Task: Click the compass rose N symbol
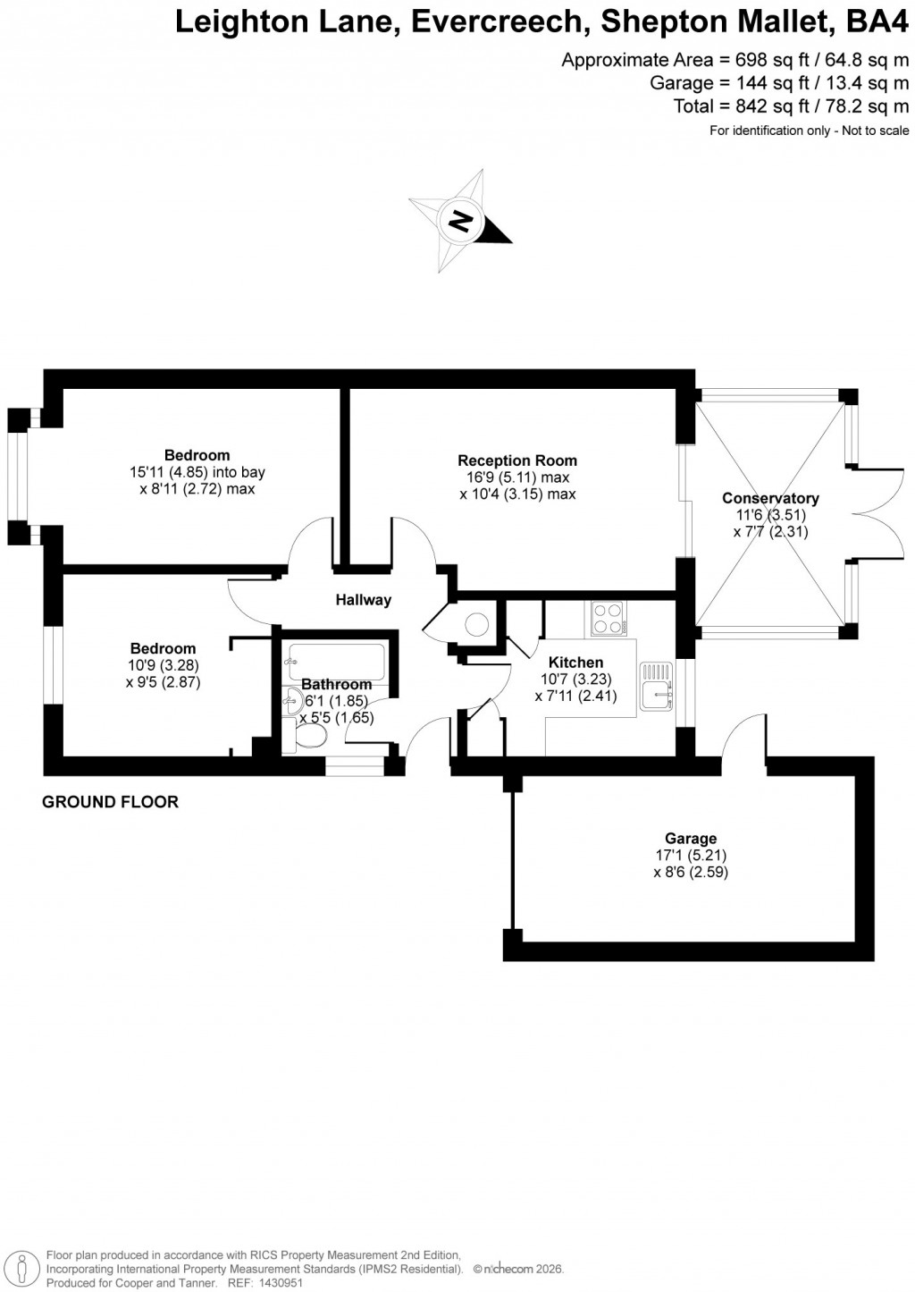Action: (x=461, y=220)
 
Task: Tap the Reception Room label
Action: (x=517, y=460)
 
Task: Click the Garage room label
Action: (x=691, y=838)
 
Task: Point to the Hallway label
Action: (x=364, y=600)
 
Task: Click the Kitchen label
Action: (x=575, y=663)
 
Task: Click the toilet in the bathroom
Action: (x=307, y=736)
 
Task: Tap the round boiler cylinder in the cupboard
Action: (x=475, y=622)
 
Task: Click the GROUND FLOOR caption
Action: (x=111, y=802)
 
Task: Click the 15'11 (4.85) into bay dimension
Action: (x=197, y=472)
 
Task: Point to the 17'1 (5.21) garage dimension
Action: (x=691, y=856)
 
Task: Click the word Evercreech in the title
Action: (x=498, y=22)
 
